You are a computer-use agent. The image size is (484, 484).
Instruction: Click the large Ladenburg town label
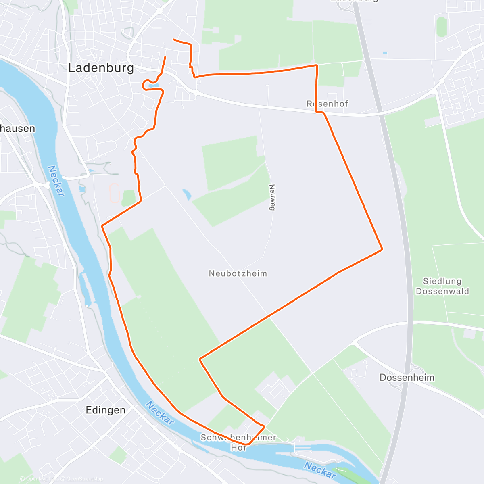101,68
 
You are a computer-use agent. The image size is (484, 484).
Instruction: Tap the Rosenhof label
328,104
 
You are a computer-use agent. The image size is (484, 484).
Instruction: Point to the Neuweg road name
272,197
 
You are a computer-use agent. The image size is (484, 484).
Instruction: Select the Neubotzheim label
238,273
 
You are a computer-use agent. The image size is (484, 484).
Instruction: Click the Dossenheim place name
407,378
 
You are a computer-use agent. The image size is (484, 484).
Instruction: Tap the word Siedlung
442,281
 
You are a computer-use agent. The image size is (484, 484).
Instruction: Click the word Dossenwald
442,291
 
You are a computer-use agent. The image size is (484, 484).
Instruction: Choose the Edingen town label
106,410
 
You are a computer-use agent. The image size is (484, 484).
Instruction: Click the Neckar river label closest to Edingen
160,413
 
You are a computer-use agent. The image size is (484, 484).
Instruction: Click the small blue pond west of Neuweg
186,195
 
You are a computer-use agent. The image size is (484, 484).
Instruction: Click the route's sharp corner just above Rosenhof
317,65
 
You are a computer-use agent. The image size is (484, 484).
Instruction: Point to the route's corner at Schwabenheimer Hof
264,426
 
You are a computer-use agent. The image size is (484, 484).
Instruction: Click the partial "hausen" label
17,129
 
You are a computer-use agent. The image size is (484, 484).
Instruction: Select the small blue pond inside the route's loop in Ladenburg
153,86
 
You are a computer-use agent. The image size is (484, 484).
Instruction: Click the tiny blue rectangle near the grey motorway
385,53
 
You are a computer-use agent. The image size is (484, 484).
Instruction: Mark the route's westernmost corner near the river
102,227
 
